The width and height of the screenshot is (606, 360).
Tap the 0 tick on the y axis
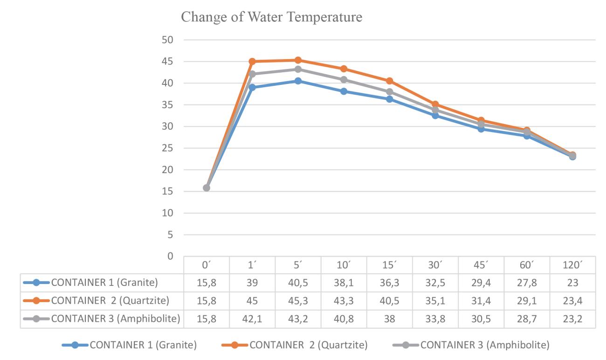coord(171,256)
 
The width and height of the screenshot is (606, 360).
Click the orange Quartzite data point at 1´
coord(252,62)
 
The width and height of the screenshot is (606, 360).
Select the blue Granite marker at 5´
coord(298,81)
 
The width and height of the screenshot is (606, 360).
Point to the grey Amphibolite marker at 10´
coord(344,80)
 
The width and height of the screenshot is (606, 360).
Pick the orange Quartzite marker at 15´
coord(389,81)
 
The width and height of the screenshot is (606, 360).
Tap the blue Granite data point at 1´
coord(252,88)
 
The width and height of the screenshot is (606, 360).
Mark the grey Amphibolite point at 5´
coord(298,69)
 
